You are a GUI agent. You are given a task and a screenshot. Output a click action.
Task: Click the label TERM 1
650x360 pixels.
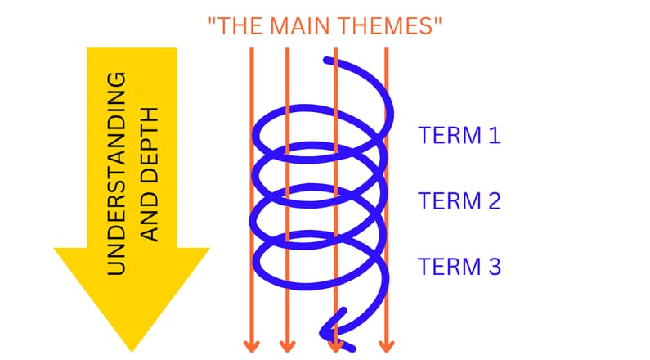pos(459,135)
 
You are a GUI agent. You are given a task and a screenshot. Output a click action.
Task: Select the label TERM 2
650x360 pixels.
pos(459,200)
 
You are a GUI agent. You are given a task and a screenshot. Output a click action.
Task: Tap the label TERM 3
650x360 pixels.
pos(459,266)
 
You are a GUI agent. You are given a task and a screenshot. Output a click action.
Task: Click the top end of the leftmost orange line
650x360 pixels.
pos(251,49)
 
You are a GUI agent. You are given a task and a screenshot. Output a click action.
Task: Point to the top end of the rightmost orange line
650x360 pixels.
pos(387,49)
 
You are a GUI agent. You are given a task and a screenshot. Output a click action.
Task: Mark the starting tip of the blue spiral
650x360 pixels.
pos(328,59)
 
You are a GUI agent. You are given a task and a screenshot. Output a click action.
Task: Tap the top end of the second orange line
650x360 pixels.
pos(287,49)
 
